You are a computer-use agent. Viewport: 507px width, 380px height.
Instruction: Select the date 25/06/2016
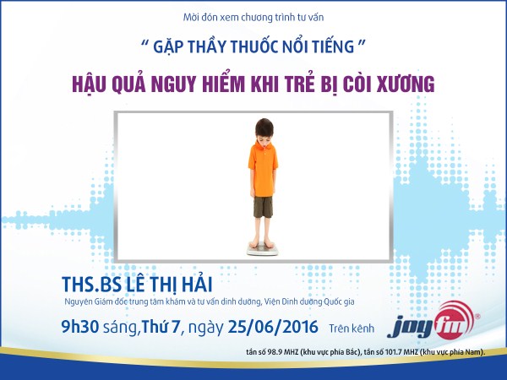(x=273, y=327)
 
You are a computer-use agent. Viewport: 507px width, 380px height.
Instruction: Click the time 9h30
(x=80, y=327)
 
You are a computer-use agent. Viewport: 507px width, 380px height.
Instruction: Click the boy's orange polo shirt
(x=263, y=169)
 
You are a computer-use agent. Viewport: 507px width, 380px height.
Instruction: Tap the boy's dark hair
(x=264, y=128)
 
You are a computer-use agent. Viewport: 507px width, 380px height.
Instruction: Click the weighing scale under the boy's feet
(x=263, y=249)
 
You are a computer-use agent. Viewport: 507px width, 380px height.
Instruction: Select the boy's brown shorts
(x=263, y=207)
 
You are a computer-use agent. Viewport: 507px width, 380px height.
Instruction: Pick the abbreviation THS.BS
(x=91, y=285)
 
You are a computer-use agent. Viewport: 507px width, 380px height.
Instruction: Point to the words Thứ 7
(x=161, y=327)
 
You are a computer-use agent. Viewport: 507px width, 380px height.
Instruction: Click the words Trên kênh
(x=352, y=328)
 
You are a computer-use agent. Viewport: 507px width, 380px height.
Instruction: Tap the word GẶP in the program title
(x=168, y=47)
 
